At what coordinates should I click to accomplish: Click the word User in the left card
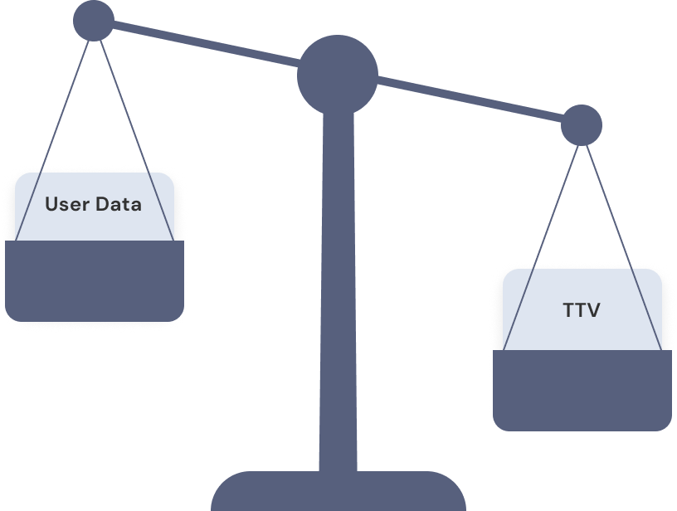64,204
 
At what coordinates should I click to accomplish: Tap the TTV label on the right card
581,311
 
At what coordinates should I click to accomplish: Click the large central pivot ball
337,74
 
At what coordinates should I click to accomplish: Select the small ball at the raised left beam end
94,20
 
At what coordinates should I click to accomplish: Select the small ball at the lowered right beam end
581,126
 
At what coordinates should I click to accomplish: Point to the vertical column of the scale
337,290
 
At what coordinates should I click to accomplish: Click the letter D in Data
103,204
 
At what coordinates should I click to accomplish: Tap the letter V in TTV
592,311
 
